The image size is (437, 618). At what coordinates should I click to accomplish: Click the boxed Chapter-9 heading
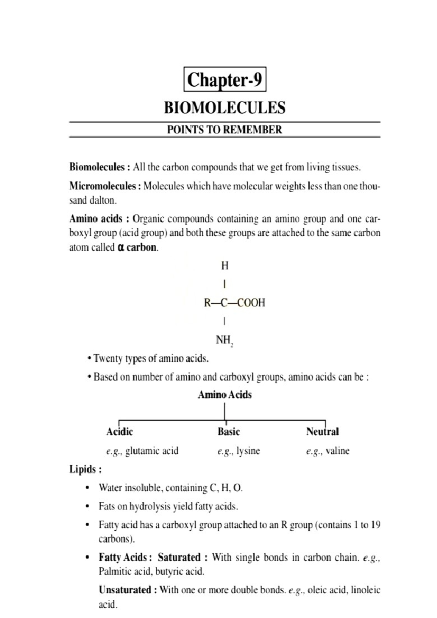(x=225, y=79)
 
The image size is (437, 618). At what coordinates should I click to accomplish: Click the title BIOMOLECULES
(x=225, y=108)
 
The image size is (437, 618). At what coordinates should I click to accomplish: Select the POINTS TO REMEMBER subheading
(x=225, y=130)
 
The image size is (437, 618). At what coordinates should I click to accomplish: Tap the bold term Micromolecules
(x=102, y=186)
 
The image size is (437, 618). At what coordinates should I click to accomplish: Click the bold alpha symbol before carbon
(x=121, y=248)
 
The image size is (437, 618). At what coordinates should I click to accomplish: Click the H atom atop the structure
(x=225, y=266)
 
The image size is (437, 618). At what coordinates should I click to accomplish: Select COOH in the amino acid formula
(x=251, y=303)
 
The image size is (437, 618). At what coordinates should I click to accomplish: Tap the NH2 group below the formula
(x=224, y=341)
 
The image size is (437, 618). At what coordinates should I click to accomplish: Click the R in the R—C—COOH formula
(x=207, y=303)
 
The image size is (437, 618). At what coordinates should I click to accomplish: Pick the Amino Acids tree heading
(x=225, y=395)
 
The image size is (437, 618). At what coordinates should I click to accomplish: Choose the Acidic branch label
(x=119, y=432)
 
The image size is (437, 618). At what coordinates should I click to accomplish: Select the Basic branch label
(x=229, y=432)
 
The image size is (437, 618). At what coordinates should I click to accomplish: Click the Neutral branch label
(x=322, y=432)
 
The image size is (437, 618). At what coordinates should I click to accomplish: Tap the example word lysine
(x=248, y=451)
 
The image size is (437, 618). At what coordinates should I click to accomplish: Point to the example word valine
(x=337, y=451)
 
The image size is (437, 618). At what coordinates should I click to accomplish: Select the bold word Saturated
(x=179, y=558)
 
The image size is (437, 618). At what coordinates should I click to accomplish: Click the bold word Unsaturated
(x=125, y=590)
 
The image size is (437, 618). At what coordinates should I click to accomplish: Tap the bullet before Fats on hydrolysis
(x=87, y=506)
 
